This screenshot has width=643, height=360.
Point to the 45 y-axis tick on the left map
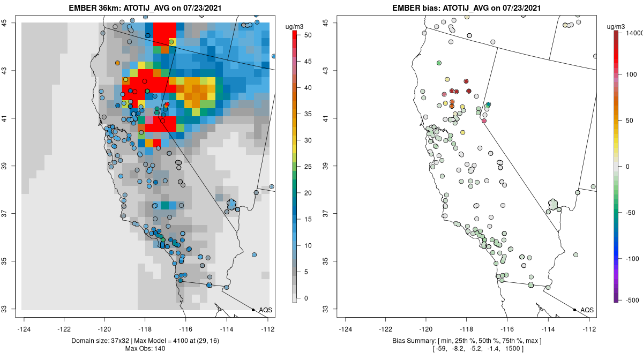pos(11,22)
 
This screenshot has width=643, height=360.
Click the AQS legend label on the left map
pos(265,310)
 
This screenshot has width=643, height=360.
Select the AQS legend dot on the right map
pos(574,310)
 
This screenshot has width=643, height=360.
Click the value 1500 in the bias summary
pos(515,349)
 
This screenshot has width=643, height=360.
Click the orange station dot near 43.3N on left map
pos(117,63)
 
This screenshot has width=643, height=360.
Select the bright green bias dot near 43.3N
pos(439,63)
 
